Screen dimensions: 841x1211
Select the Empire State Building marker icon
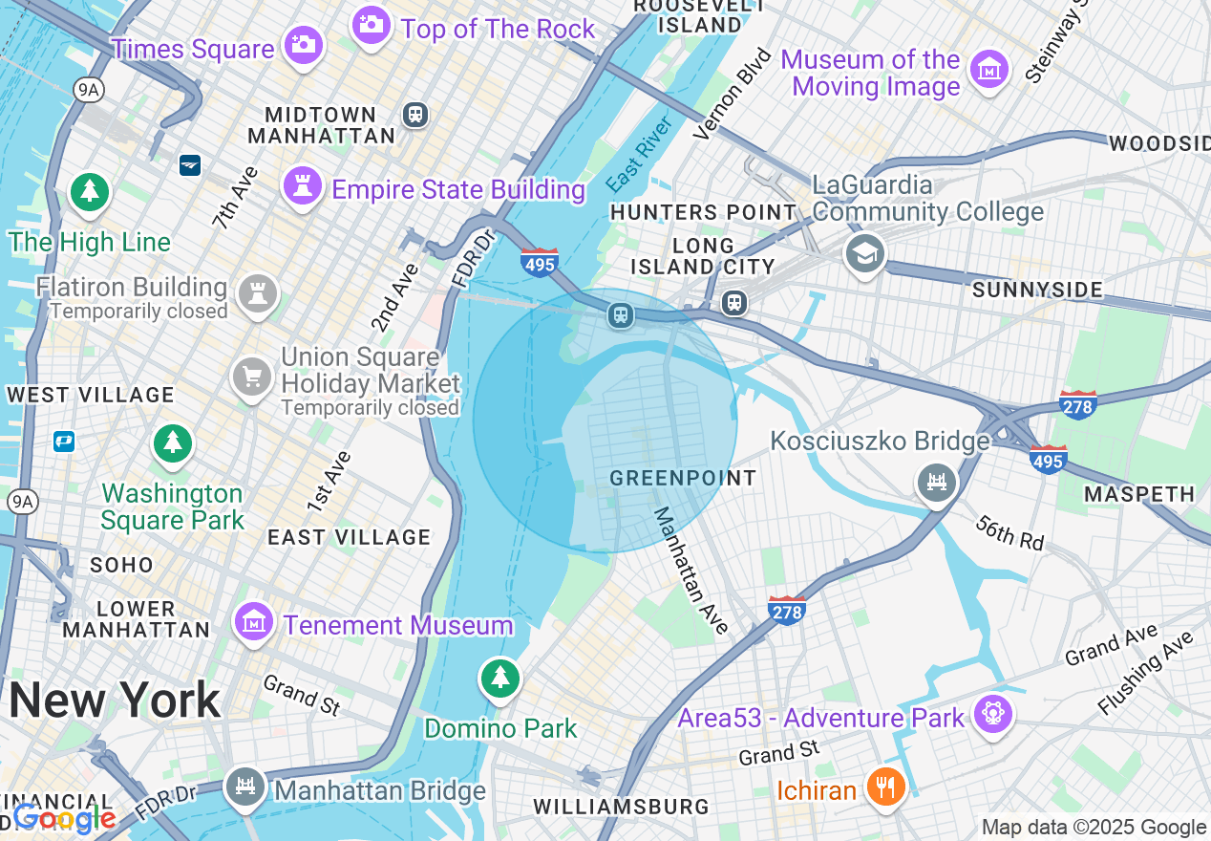pyautogui.click(x=303, y=184)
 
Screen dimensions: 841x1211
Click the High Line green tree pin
pyautogui.click(x=90, y=192)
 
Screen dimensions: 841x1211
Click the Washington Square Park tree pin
pyautogui.click(x=172, y=442)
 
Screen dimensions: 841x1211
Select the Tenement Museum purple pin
pyautogui.click(x=254, y=622)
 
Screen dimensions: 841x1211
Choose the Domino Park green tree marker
pyautogui.click(x=499, y=679)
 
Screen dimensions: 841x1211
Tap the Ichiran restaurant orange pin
pyautogui.click(x=885, y=787)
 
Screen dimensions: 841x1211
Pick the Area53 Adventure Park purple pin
pyautogui.click(x=992, y=714)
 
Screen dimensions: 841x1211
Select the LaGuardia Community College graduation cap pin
pyautogui.click(x=865, y=254)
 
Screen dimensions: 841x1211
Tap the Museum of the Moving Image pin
pyautogui.click(x=989, y=70)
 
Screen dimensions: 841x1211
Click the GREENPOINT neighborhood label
pyautogui.click(x=683, y=478)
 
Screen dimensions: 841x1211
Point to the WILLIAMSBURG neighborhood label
pyautogui.click(x=621, y=807)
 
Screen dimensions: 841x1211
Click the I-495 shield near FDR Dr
pyautogui.click(x=540, y=262)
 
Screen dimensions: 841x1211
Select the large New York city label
pyautogui.click(x=115, y=701)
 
